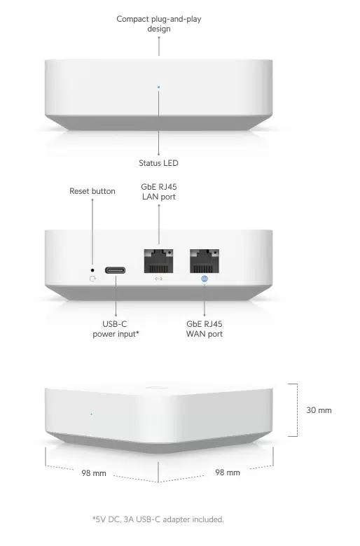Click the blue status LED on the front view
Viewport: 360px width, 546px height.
click(x=158, y=87)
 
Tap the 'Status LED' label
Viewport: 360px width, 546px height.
click(x=158, y=163)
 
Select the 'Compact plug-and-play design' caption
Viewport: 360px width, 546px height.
click(x=159, y=24)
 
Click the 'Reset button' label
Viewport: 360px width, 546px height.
click(x=92, y=191)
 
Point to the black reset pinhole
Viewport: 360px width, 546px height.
click(x=92, y=270)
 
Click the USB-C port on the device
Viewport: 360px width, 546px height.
click(x=116, y=270)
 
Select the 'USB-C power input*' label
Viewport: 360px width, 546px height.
click(x=116, y=329)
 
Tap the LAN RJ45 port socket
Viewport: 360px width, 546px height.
click(x=158, y=261)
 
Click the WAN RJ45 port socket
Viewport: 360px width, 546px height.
click(x=205, y=261)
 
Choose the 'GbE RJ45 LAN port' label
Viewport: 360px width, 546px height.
click(x=159, y=192)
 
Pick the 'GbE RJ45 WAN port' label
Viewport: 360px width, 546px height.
click(x=205, y=329)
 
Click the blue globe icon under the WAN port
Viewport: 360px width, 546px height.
click(x=205, y=279)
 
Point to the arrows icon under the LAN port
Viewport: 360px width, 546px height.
click(x=158, y=279)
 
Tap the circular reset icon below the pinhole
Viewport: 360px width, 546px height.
click(x=92, y=279)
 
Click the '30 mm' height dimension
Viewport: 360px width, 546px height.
click(x=319, y=410)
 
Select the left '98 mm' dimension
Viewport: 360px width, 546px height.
click(x=94, y=473)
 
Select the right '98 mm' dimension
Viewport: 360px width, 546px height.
click(x=228, y=472)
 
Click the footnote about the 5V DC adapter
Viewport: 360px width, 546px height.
click(x=158, y=519)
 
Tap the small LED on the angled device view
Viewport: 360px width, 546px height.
click(x=91, y=414)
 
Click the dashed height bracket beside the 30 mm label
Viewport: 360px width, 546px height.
click(x=297, y=409)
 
